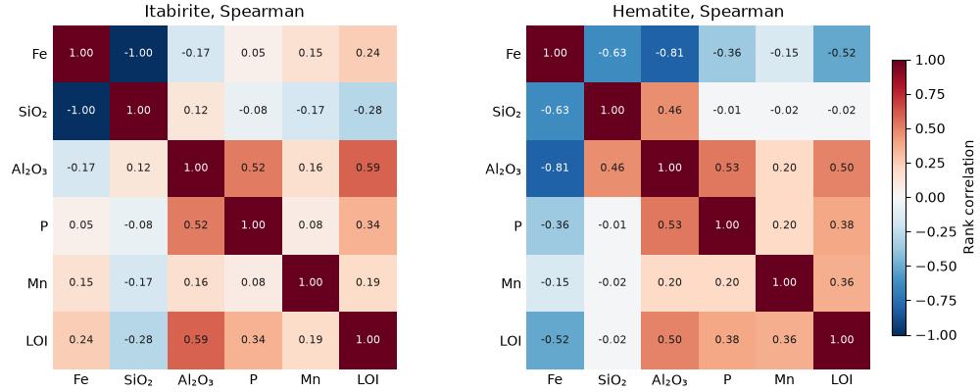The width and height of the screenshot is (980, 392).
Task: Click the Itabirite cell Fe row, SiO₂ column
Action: click(138, 53)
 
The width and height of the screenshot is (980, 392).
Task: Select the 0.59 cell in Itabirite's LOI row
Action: click(196, 340)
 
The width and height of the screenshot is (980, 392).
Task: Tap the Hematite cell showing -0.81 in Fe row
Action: click(669, 53)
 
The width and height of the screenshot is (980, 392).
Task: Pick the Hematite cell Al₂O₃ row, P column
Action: click(727, 169)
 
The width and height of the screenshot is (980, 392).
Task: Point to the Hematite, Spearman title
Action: click(698, 11)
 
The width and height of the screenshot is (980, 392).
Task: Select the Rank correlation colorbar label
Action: click(968, 197)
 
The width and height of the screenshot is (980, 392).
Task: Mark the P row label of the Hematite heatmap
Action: click(516, 225)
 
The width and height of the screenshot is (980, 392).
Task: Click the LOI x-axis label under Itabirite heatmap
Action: click(367, 380)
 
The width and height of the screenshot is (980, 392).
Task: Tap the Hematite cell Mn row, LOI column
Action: click(842, 283)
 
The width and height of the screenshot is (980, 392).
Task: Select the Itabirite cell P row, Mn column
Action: click(311, 225)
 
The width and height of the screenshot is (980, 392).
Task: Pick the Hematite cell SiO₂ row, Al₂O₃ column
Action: click(669, 111)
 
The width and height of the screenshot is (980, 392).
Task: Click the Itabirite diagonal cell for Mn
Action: click(311, 283)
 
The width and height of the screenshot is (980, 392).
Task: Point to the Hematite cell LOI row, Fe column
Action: click(555, 340)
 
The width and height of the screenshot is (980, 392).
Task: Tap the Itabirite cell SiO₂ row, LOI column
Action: click(368, 111)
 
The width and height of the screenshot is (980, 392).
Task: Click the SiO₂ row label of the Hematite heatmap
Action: click(507, 112)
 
